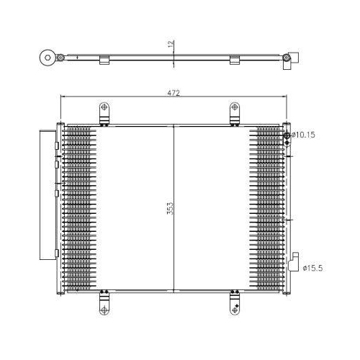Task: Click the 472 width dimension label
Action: point(174,94)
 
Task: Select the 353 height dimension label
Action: point(170,208)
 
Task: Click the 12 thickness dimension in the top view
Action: point(170,45)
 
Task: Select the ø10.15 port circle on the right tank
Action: point(287,135)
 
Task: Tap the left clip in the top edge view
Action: point(104,60)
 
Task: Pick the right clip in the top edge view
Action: point(235,60)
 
